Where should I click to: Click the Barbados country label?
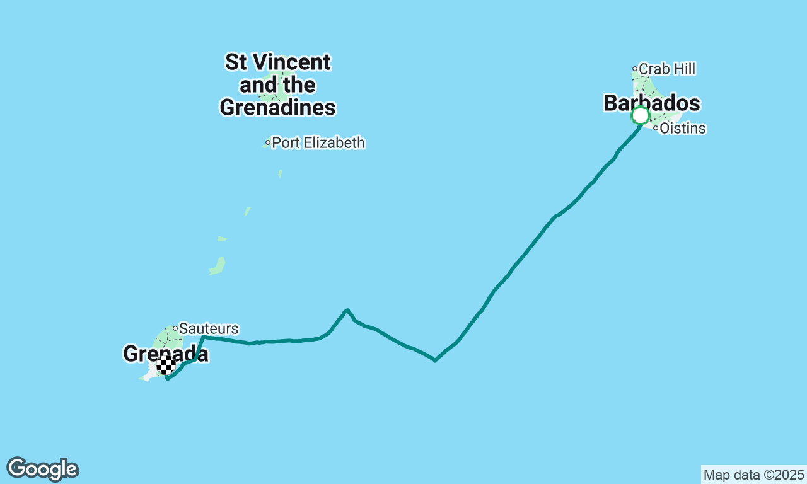pos(652,103)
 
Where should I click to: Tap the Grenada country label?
pos(166,354)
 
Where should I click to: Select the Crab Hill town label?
pos(667,69)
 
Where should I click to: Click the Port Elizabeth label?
pos(318,143)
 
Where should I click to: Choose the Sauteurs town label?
pos(209,328)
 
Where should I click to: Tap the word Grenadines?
pos(277,108)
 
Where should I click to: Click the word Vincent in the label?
pos(291,62)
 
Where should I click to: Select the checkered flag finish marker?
pos(166,366)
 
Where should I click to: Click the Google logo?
pos(42,470)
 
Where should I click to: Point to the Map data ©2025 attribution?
pos(753,475)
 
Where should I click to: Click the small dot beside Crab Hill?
pos(635,69)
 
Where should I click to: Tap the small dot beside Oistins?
pos(656,129)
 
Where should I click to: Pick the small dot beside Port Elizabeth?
pos(268,143)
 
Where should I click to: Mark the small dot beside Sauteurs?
pos(175,328)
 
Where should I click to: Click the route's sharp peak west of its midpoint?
pos(347,310)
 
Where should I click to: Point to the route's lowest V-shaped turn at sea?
pos(435,361)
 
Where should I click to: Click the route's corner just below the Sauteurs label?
pos(204,337)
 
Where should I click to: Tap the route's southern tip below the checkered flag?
pos(167,379)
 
